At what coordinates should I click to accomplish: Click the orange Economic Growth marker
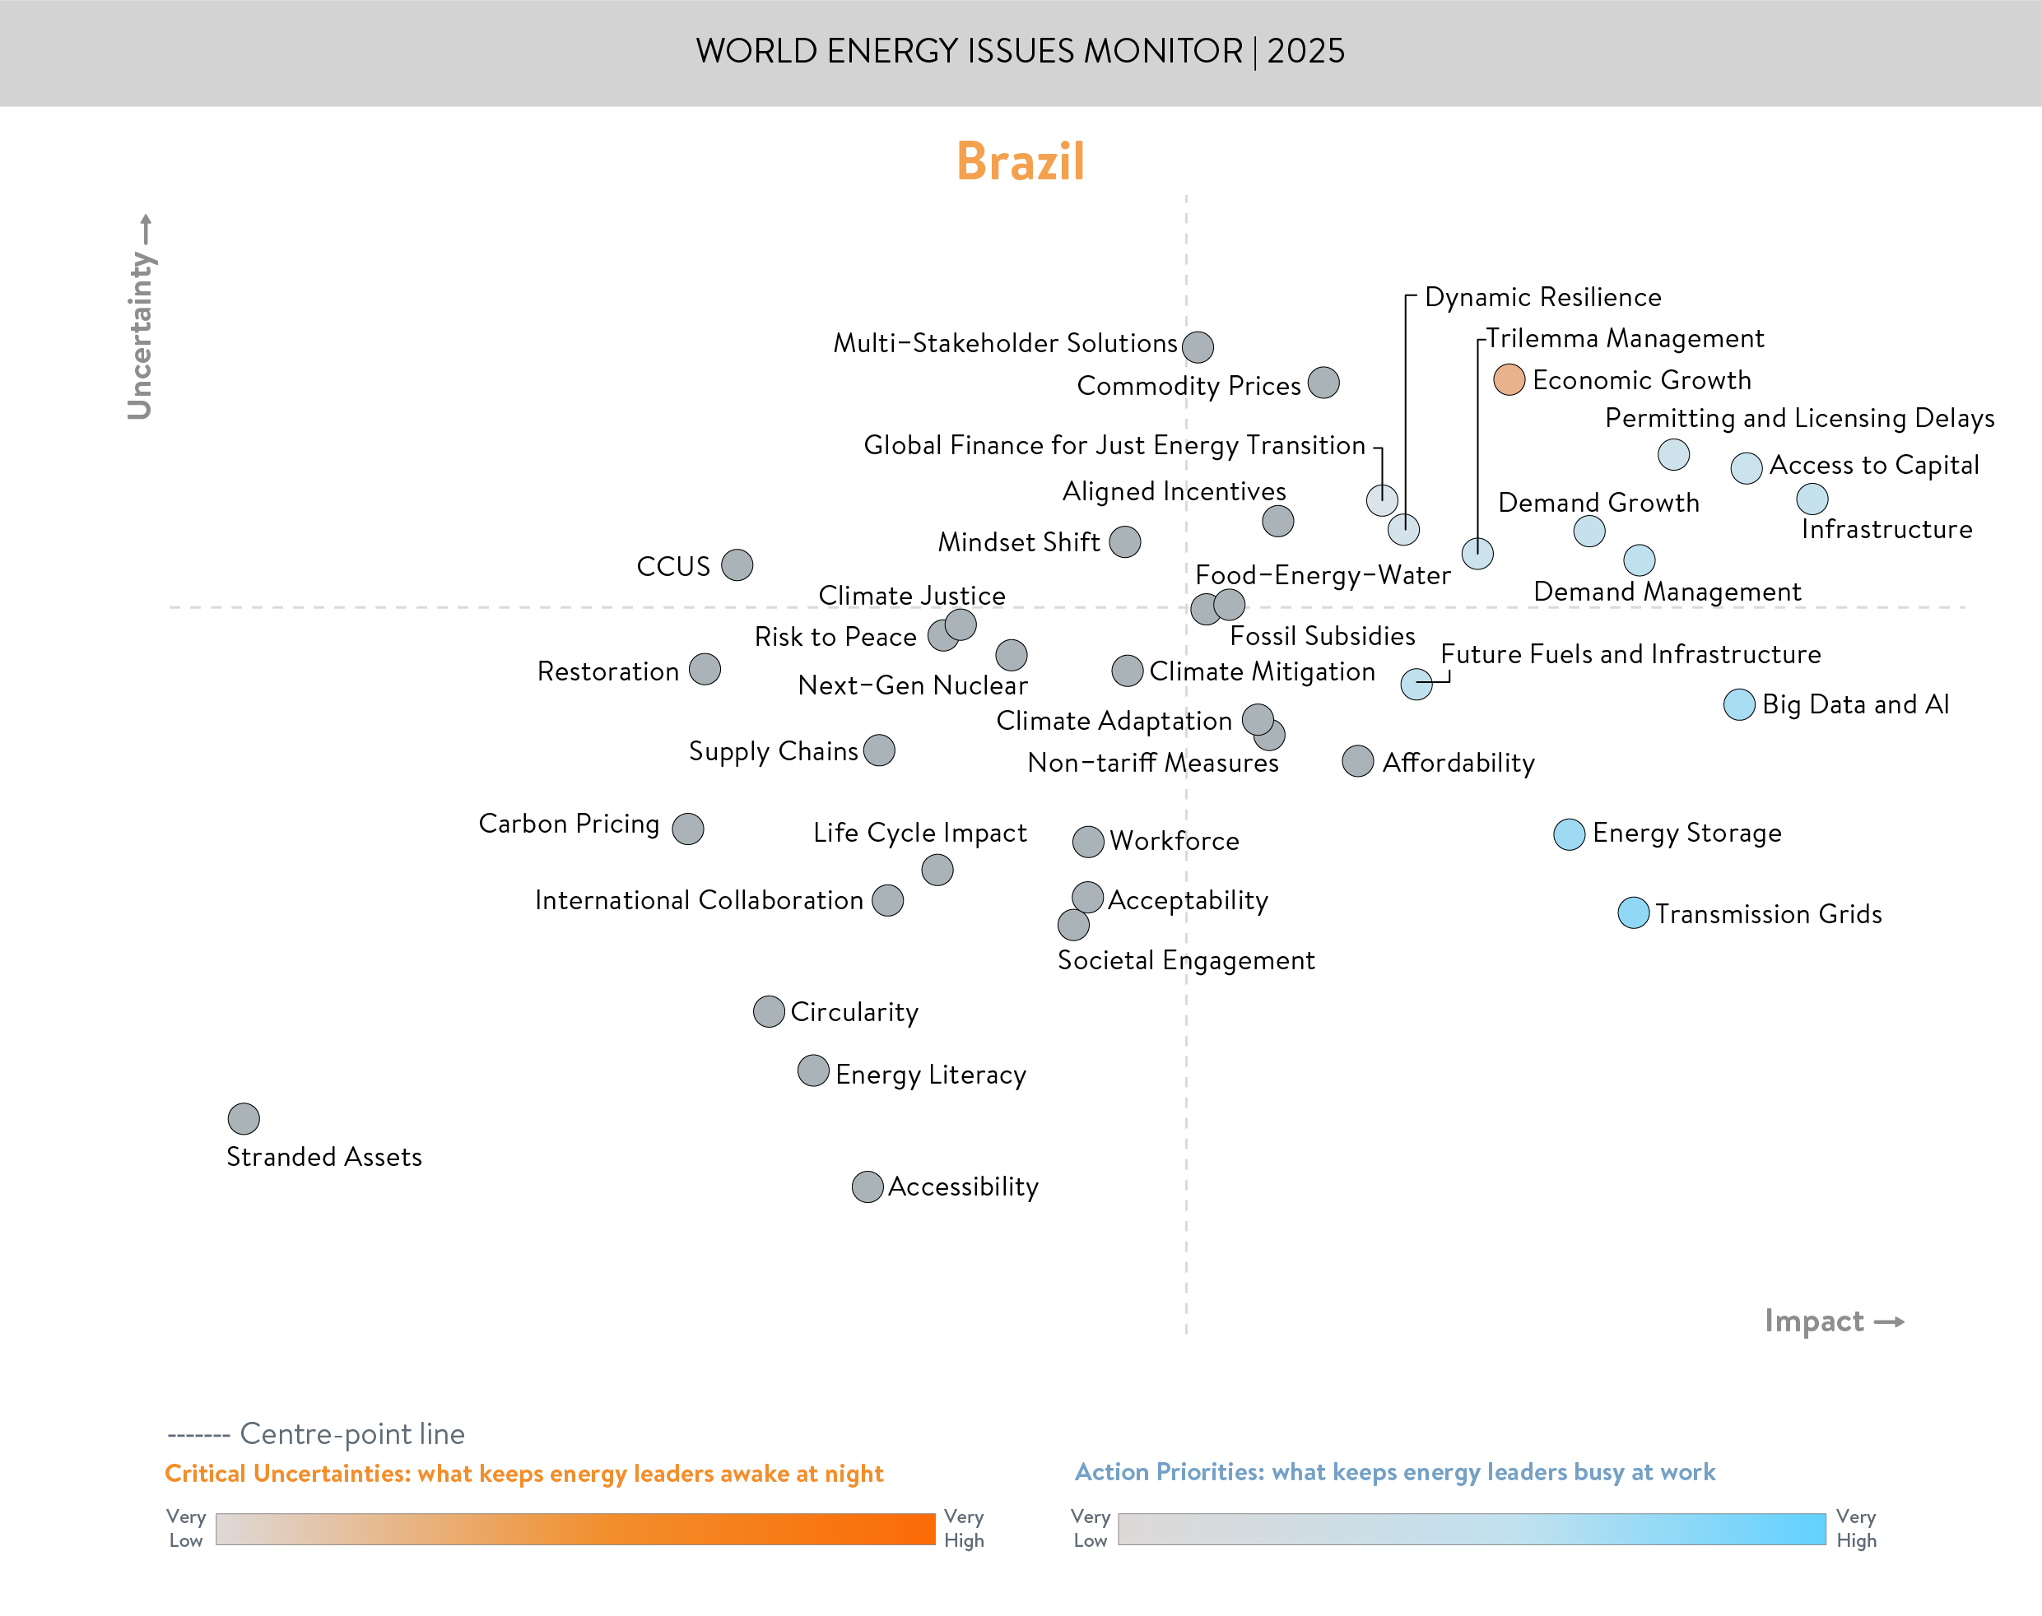(1509, 379)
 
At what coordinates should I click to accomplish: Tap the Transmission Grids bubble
(1633, 913)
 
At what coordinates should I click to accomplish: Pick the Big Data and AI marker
(1739, 704)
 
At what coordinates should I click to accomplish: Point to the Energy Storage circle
(1569, 834)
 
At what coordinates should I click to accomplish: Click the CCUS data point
(737, 564)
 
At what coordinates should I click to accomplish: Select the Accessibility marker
(868, 1186)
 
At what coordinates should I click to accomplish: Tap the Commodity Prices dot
(1323, 383)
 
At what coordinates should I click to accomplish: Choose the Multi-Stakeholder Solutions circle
(1198, 347)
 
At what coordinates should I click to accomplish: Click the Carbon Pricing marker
(688, 828)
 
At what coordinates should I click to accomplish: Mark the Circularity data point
(769, 1011)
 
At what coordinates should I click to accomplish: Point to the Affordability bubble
(1358, 761)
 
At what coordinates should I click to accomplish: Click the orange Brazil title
(1020, 160)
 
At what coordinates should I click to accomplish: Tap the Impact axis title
(1814, 1321)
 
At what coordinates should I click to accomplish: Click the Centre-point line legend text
(352, 1433)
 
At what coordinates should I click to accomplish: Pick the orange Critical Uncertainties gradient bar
(574, 1529)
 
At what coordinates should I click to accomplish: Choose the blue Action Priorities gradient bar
(1472, 1529)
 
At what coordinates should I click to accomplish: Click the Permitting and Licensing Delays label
(1799, 418)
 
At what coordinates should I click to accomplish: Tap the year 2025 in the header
(1306, 51)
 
